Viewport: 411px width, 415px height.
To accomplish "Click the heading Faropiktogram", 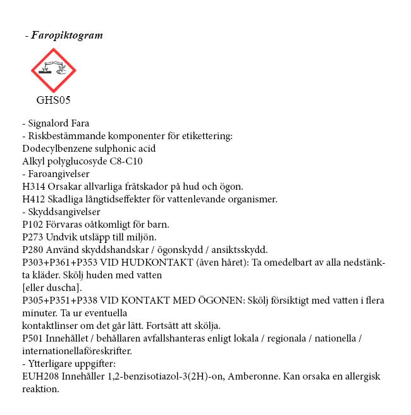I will click(66, 35).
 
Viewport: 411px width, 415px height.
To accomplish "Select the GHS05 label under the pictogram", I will click(53, 100).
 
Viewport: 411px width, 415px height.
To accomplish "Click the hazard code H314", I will click(33, 187).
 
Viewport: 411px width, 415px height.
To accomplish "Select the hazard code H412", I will click(33, 199).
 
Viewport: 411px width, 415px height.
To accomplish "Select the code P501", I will click(32, 338).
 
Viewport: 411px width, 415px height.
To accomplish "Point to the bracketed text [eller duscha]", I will click(50, 288).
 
